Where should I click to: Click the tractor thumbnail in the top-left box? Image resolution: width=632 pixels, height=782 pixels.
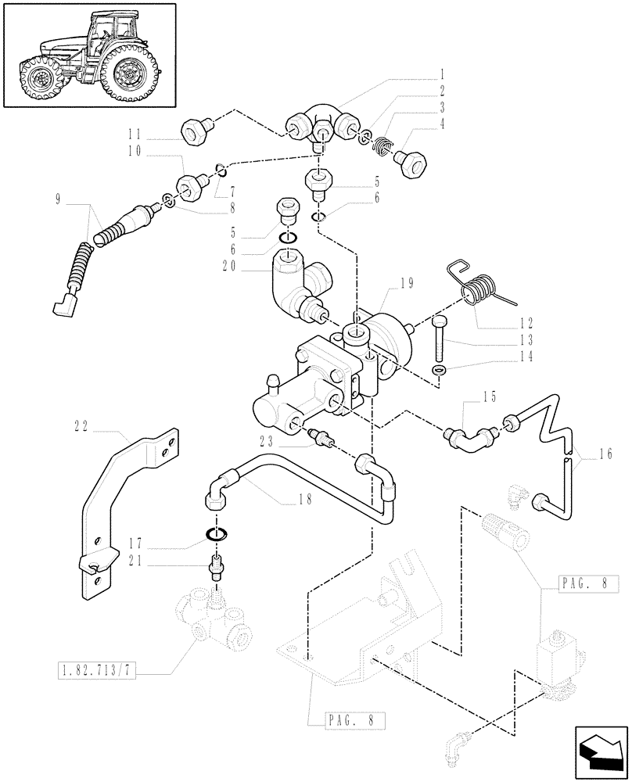coord(88,55)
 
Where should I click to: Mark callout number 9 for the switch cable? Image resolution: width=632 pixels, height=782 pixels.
coord(57,199)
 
